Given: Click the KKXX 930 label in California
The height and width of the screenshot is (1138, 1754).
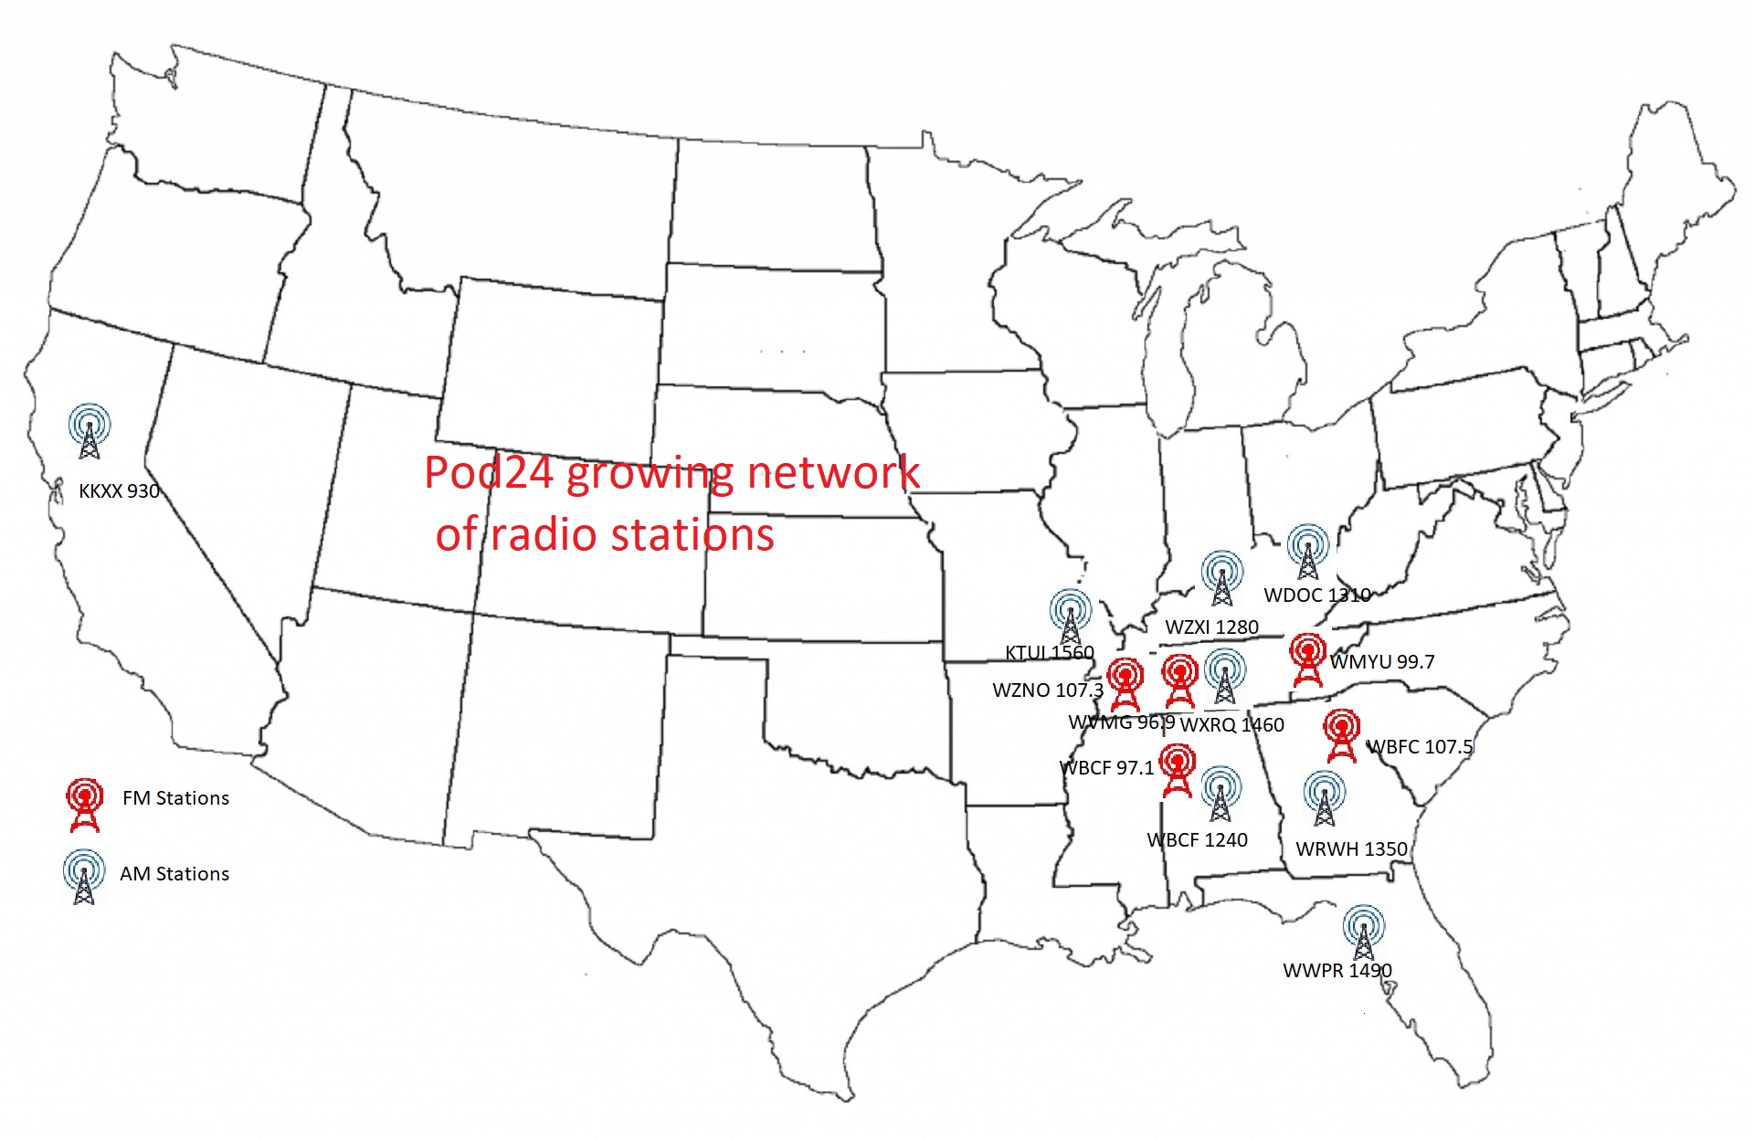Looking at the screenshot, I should [119, 491].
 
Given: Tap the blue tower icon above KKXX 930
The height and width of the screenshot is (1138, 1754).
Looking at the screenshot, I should [90, 431].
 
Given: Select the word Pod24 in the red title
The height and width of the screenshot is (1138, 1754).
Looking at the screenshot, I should [489, 473].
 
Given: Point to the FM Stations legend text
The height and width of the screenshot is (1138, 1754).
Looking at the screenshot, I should [175, 798].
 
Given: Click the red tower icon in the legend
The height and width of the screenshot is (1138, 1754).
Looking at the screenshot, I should [84, 805].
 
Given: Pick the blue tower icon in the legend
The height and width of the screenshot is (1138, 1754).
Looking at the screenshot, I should [84, 877].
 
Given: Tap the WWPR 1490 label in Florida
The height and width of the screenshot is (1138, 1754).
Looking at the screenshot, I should [1337, 971].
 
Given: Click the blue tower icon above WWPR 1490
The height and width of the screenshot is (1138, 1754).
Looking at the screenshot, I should [1363, 933].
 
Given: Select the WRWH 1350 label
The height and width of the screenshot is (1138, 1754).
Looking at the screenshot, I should [1351, 849].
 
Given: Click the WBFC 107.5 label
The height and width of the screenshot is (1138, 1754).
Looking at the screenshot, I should [1420, 747].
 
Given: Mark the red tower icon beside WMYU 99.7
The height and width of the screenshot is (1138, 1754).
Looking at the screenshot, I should [1308, 660].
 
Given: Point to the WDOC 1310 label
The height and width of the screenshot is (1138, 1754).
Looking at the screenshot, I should [1317, 595].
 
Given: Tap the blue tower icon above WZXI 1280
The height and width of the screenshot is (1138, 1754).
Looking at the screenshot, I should [1222, 578].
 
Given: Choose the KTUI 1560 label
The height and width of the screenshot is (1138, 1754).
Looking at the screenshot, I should [1049, 653].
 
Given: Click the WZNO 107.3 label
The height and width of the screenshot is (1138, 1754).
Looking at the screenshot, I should [1048, 690].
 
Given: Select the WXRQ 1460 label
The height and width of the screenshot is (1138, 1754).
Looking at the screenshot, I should [1232, 725].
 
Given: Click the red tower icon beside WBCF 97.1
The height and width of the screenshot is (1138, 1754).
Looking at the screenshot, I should [1177, 771].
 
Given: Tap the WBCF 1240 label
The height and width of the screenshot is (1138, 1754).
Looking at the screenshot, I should [1197, 840].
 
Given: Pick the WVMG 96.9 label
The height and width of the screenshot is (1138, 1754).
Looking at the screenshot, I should [1121, 722].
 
